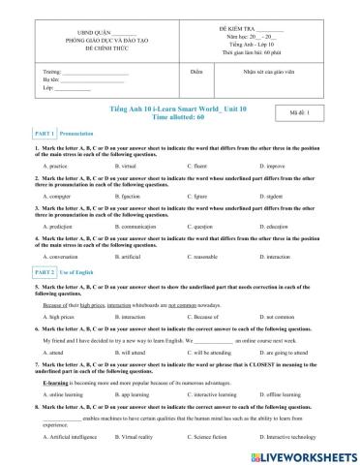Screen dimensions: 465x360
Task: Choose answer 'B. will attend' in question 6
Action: (x=135, y=354)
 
